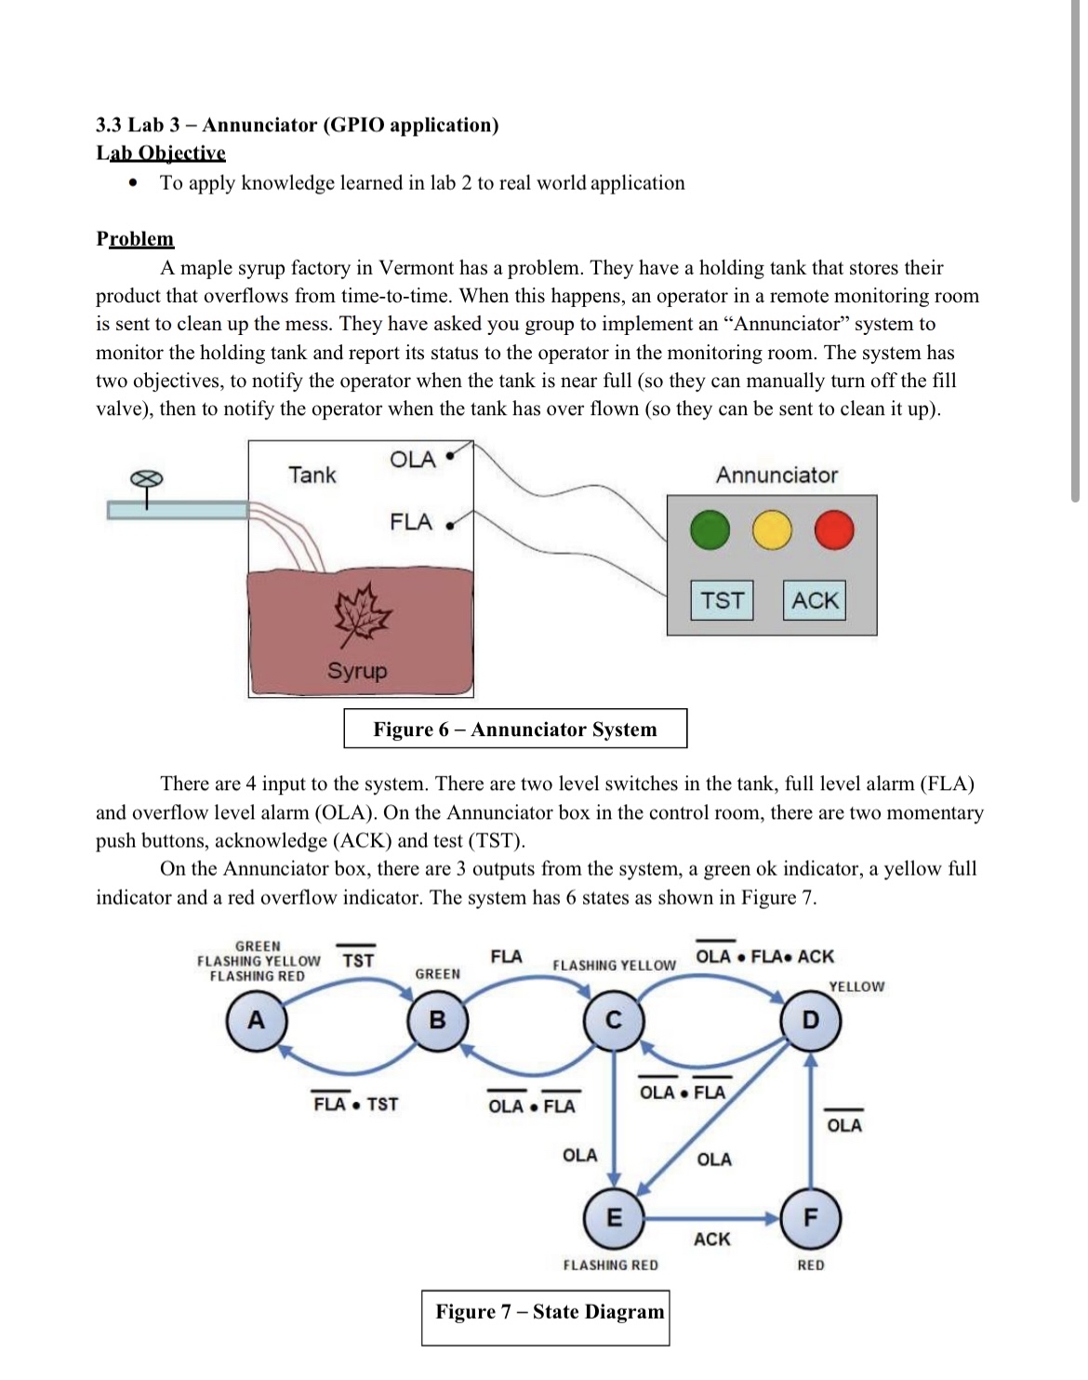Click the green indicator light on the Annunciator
(710, 530)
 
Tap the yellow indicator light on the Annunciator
(771, 530)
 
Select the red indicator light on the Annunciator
(833, 530)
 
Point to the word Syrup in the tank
(357, 671)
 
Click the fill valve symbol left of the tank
(146, 478)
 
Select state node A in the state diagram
(256, 1021)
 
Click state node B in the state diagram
(437, 1021)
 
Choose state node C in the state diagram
(614, 1021)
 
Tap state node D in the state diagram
(811, 1021)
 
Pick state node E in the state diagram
(614, 1217)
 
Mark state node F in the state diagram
(811, 1217)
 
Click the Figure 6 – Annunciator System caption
(515, 730)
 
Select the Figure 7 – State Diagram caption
(550, 1312)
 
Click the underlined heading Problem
(135, 239)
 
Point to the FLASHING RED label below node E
(610, 1266)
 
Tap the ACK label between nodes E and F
(712, 1239)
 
